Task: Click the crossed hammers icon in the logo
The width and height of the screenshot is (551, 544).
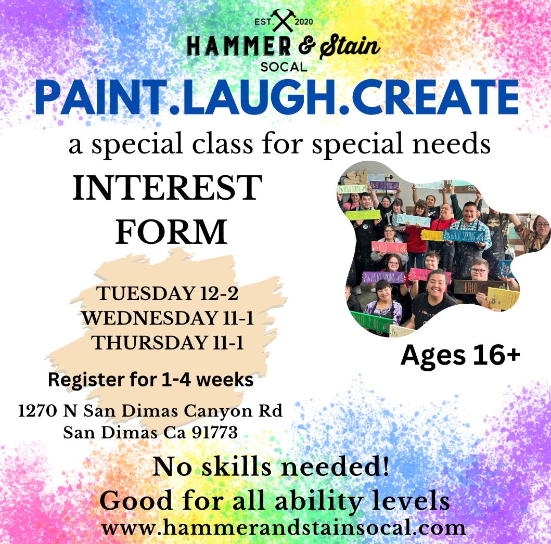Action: [283, 20]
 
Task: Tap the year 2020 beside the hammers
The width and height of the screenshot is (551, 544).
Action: [304, 22]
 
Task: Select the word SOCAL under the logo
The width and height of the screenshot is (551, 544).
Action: [284, 67]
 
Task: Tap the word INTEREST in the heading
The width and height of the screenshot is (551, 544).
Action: [167, 188]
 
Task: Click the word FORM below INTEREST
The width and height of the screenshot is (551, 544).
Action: [171, 232]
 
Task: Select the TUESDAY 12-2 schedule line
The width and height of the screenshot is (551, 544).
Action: [167, 294]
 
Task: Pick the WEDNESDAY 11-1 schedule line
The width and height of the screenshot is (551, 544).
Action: [167, 318]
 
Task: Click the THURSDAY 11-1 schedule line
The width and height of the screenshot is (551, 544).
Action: [167, 343]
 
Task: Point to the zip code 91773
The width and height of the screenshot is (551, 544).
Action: [215, 432]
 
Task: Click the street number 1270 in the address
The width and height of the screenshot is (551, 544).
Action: [37, 410]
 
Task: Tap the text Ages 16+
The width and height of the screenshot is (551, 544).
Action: [460, 355]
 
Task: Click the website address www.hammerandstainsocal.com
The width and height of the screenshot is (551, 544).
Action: [283, 528]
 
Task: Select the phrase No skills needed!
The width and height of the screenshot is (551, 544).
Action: [271, 467]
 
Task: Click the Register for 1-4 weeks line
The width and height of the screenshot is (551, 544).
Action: [151, 380]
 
